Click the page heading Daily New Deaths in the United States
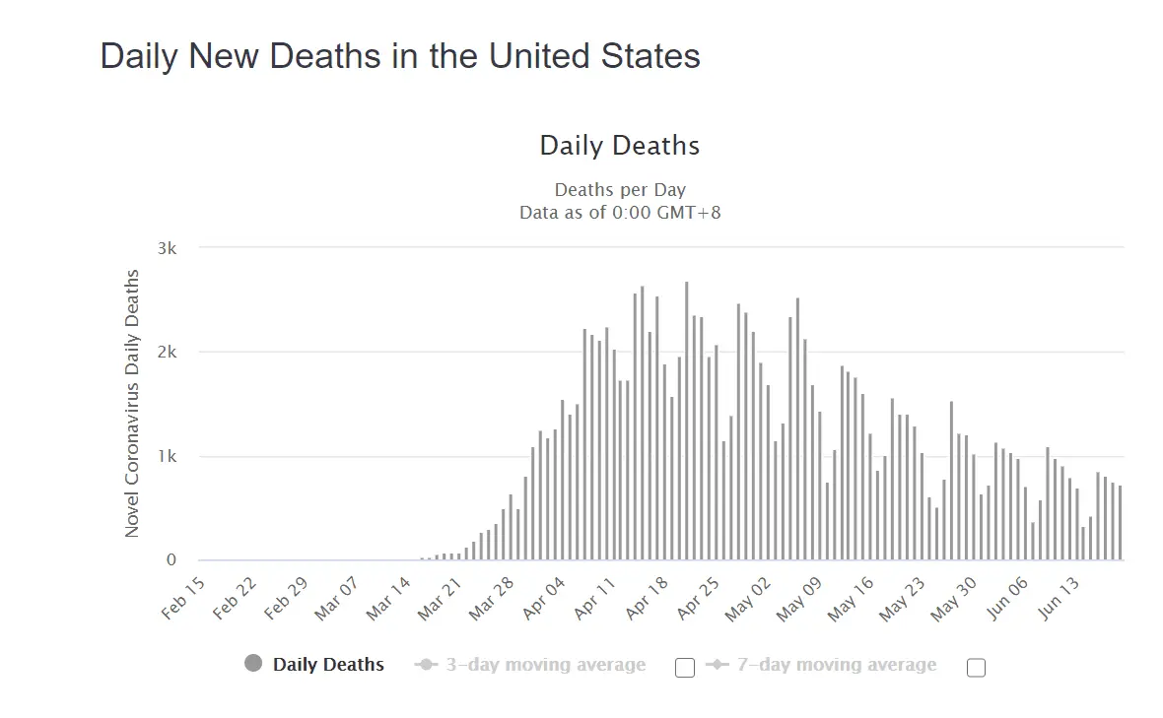click(x=400, y=56)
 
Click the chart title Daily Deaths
click(x=620, y=146)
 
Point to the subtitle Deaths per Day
click(x=620, y=189)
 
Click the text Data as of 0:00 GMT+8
click(x=620, y=212)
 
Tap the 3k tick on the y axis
click(x=167, y=248)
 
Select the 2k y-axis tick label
click(x=167, y=353)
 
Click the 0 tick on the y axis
click(x=171, y=560)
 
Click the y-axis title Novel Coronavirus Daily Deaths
click(x=132, y=404)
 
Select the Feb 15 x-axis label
click(x=184, y=598)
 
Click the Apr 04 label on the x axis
click(x=546, y=598)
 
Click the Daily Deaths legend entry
click(x=328, y=665)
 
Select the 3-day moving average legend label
click(x=545, y=665)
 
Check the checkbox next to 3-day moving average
click(x=685, y=668)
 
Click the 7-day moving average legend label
click(x=836, y=665)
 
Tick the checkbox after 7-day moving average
click(x=976, y=668)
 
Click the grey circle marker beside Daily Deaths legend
click(x=253, y=665)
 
